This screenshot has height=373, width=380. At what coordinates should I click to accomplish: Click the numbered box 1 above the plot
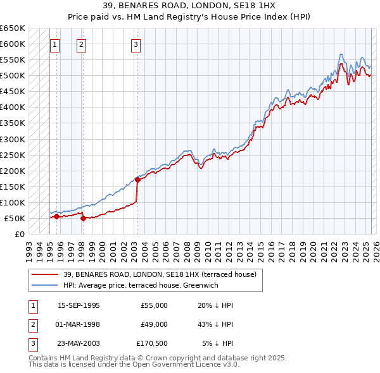[56, 44]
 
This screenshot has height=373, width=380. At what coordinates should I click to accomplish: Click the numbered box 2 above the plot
[82, 44]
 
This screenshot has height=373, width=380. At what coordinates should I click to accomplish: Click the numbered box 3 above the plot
[137, 44]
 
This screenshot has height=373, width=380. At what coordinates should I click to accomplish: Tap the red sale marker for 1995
[56, 216]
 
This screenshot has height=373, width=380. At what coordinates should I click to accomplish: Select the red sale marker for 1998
[83, 219]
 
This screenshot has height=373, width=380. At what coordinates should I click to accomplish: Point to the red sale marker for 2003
[137, 180]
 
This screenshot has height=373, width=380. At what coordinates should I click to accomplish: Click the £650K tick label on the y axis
[12, 28]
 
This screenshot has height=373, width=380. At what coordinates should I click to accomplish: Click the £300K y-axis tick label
[12, 139]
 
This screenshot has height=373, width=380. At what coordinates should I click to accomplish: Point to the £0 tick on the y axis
[20, 234]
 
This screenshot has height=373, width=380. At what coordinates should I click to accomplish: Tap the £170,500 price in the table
[151, 343]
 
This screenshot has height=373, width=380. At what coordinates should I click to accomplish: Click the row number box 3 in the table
[32, 343]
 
